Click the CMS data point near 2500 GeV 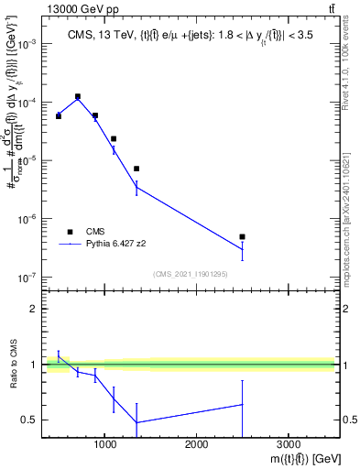pyautogui.click(x=242, y=236)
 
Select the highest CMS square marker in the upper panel pyautogui.click(x=78, y=96)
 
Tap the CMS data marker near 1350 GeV pyautogui.click(x=136, y=169)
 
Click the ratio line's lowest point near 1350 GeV pyautogui.click(x=136, y=422)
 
